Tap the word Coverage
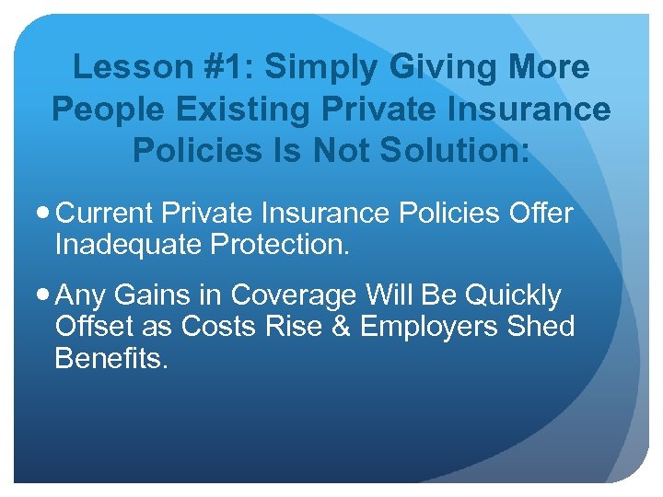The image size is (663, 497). (295, 296)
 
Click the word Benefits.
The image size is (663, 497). (110, 357)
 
